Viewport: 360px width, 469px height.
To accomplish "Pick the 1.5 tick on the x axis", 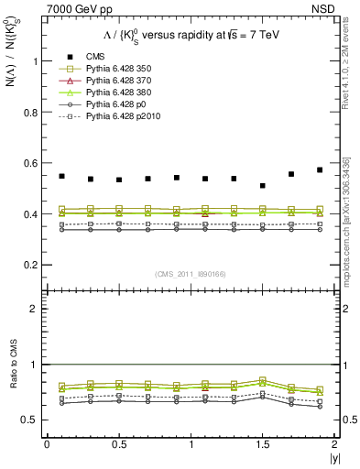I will (262, 444).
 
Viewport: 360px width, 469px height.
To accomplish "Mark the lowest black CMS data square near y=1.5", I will (262, 186).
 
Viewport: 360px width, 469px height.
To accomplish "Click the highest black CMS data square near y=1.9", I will (320, 169).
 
